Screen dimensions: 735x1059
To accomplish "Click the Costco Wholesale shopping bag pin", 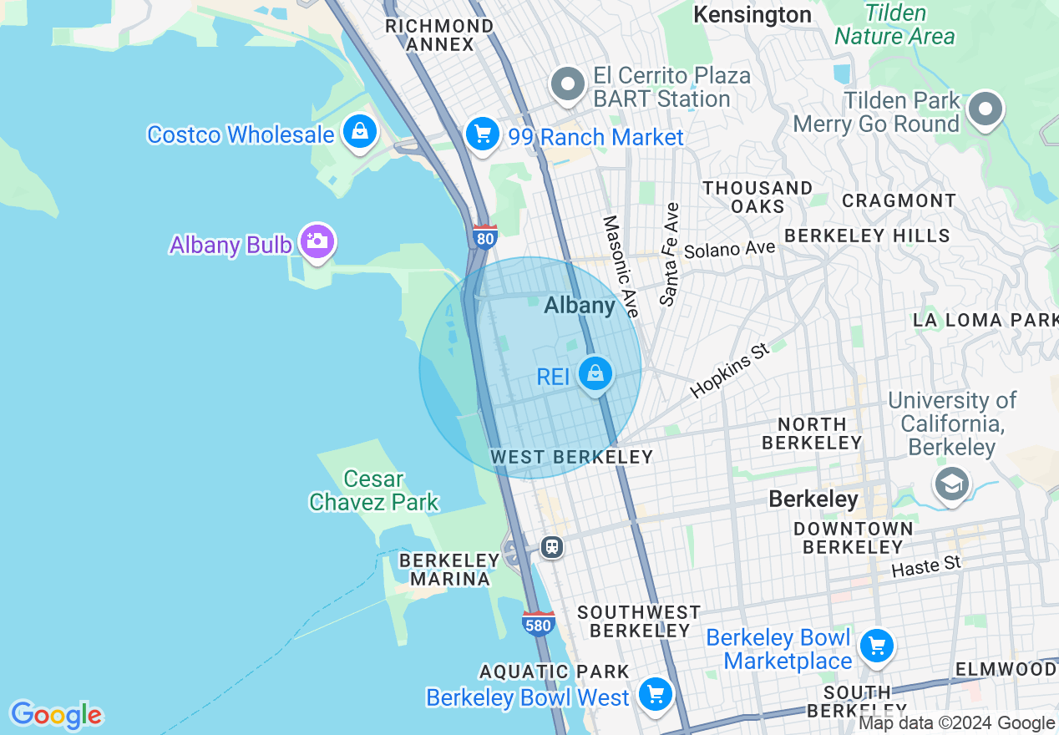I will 360,132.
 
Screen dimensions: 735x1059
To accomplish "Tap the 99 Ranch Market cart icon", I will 482,134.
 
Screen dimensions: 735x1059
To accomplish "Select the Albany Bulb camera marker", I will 317,242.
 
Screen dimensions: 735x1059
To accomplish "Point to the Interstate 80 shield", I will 484,236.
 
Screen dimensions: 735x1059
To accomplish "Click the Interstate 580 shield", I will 538,623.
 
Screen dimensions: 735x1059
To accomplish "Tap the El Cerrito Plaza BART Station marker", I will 569,84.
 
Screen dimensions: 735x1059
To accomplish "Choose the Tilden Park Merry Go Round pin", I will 986,109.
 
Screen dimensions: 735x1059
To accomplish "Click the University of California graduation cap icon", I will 951,484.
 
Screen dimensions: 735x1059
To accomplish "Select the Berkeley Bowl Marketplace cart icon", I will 876,646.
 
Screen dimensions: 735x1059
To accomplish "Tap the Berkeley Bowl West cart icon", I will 655,694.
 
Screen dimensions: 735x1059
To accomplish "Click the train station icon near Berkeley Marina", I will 551,547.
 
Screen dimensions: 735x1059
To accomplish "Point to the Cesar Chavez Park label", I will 373,490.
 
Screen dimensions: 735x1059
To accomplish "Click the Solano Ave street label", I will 729,249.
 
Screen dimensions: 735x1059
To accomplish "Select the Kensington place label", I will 752,14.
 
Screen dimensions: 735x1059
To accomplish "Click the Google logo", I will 56,715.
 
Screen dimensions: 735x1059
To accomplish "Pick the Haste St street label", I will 925,567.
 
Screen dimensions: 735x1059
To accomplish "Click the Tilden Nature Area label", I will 894,24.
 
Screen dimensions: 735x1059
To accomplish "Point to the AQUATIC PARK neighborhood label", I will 555,671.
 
